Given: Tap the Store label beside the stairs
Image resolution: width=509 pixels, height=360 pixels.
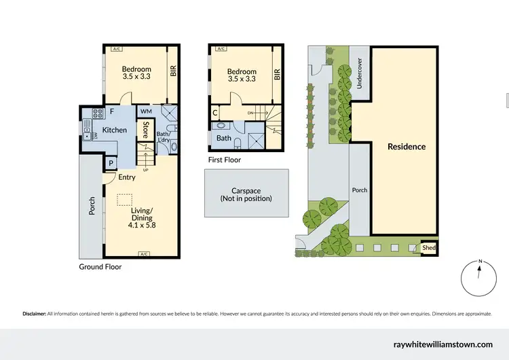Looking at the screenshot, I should click(x=145, y=130).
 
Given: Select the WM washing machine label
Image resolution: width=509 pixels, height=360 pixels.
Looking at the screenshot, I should click(x=146, y=111).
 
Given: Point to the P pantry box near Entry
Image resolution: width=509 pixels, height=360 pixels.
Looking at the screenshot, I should click(x=111, y=163).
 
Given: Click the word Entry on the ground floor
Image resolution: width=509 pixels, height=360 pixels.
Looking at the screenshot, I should click(x=127, y=177).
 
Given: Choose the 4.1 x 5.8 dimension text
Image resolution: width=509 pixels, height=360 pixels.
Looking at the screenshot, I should click(x=142, y=225).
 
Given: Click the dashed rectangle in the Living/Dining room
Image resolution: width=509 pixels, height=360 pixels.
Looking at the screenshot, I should click(x=124, y=200).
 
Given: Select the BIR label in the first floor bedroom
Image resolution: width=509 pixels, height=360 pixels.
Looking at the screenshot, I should click(x=277, y=74).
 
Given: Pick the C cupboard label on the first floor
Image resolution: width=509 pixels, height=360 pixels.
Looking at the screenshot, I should click(x=215, y=113).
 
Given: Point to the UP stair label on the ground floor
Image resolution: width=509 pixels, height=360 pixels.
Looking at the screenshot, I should click(x=145, y=169).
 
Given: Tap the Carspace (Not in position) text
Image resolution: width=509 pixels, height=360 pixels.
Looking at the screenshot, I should click(x=246, y=194).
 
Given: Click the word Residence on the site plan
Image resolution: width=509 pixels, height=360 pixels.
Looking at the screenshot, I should click(x=407, y=147).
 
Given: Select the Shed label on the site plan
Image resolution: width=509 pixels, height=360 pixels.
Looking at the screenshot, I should click(x=428, y=249).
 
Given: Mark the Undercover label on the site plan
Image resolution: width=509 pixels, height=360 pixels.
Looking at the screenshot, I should click(x=359, y=73).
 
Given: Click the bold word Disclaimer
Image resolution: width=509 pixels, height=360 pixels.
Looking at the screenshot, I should click(x=34, y=314).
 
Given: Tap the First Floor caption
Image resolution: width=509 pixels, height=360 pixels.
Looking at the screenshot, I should click(x=225, y=160).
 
